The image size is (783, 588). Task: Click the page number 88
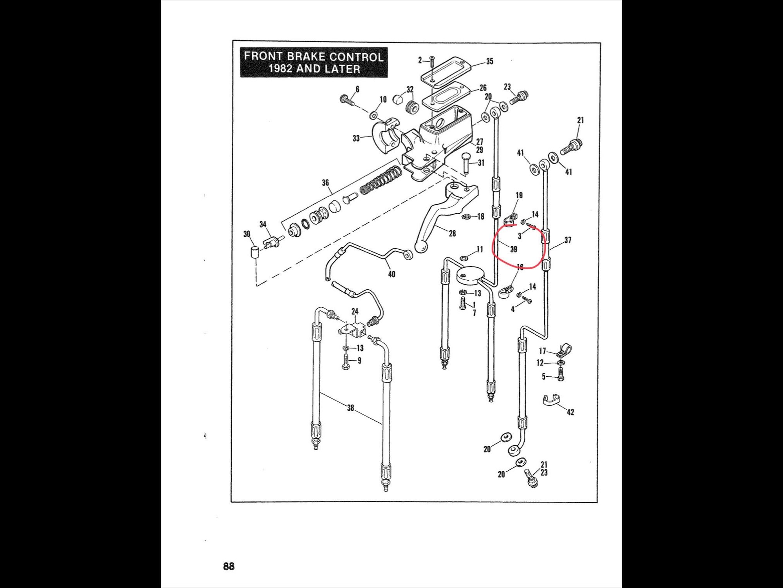229,566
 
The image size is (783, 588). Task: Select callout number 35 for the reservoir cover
489,62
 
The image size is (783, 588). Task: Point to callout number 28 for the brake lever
452,234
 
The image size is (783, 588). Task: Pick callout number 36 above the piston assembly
325,183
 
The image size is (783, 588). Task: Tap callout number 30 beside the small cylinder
247,234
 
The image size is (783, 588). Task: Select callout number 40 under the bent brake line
391,274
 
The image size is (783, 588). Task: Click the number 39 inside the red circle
514,249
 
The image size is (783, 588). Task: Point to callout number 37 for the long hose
568,240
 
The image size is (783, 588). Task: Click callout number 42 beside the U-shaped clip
570,412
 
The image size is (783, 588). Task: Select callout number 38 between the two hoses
350,408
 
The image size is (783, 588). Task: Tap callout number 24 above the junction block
355,311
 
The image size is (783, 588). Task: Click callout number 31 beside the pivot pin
481,163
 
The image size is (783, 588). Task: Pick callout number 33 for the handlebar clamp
356,138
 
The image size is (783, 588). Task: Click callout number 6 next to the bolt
357,89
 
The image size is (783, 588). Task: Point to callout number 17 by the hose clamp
542,351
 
